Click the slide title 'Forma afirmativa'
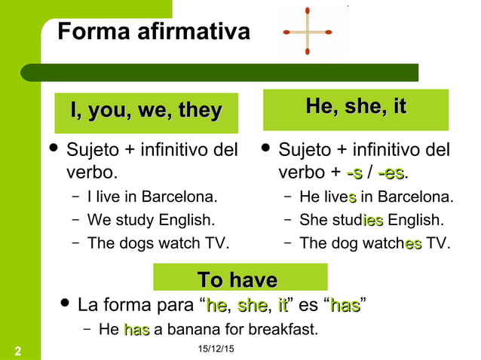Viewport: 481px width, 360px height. click(x=154, y=32)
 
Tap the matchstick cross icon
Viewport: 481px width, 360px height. click(x=308, y=32)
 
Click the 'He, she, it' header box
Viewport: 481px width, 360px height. click(x=356, y=108)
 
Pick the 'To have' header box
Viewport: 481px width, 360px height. click(x=237, y=279)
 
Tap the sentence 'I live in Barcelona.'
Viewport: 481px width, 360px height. click(x=152, y=198)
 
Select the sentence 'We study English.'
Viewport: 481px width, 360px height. click(x=151, y=221)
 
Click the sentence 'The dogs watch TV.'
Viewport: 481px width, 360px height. click(x=158, y=243)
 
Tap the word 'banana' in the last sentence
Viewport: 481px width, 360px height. click(x=189, y=330)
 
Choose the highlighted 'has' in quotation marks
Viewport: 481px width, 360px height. click(x=345, y=306)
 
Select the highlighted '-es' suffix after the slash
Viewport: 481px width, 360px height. click(x=391, y=173)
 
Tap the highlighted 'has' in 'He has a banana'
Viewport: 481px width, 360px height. click(x=136, y=330)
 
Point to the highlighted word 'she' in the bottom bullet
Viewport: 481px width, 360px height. click(x=251, y=306)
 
